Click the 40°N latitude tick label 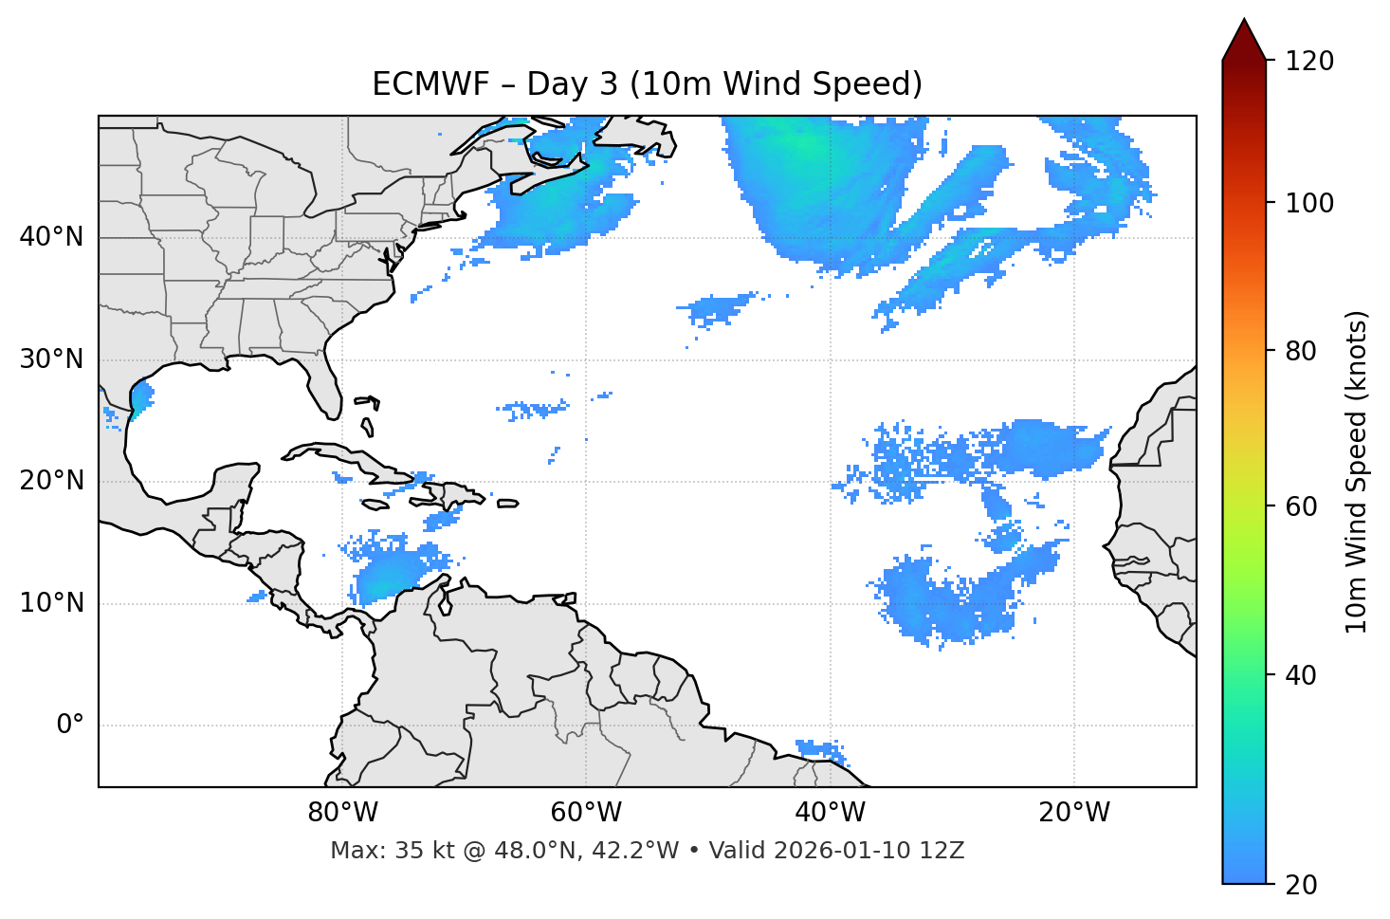[51, 237]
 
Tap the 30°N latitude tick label [51, 359]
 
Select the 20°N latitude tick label [51, 481]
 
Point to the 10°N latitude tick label [51, 603]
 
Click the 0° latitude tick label [70, 725]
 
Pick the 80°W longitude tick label [342, 812]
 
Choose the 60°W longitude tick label [586, 812]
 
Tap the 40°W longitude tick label [830, 812]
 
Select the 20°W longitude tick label [1073, 812]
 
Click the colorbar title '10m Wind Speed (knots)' [1357, 471]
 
